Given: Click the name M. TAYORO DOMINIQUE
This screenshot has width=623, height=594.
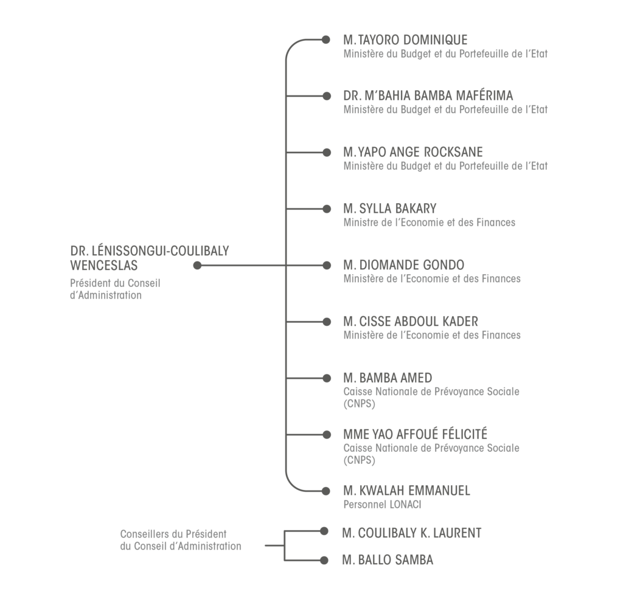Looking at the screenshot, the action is tap(405, 40).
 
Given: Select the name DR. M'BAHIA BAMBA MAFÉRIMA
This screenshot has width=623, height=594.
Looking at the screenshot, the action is tap(428, 95).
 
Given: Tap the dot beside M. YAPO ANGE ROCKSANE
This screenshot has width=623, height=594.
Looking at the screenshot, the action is tap(327, 153).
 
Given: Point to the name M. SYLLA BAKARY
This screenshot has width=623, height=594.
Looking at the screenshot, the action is tap(390, 209).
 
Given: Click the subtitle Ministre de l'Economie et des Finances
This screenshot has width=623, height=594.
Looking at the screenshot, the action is tap(429, 223).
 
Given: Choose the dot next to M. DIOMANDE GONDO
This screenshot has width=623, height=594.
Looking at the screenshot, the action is tap(327, 265).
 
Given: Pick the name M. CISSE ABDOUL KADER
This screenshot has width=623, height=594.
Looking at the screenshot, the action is tap(411, 321).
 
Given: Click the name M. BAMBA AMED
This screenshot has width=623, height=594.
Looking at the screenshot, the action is tap(388, 378).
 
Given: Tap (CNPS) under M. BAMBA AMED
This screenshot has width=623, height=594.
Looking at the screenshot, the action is tap(359, 404).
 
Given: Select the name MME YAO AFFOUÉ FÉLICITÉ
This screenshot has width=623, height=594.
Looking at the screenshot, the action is tap(415, 434).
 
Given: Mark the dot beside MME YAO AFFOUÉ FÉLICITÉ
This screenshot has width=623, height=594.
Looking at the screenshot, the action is tap(327, 435).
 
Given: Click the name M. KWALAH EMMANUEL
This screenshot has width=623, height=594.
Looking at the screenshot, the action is tap(407, 491).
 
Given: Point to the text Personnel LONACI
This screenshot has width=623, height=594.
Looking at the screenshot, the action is tap(382, 504).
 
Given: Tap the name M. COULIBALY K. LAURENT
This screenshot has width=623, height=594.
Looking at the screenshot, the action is tap(412, 533).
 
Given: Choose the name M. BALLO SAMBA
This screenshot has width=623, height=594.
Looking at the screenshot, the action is tap(388, 560).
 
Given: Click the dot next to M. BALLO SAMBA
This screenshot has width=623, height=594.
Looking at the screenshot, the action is tap(324, 560).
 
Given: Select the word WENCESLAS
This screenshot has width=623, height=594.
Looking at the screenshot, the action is tap(103, 265).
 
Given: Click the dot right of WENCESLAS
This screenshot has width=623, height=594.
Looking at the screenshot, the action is tap(197, 265).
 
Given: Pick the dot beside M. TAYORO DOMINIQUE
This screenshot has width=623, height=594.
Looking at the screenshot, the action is tap(326, 40).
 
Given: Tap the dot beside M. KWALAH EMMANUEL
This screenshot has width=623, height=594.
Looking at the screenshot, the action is tap(326, 491).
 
